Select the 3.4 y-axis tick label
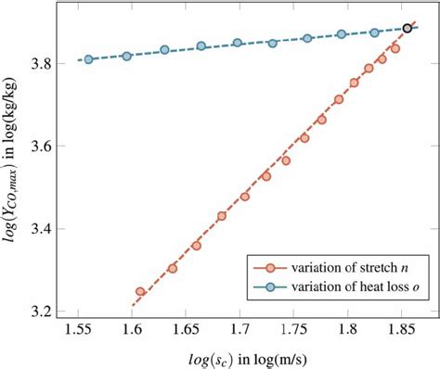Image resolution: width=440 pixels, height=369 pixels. (52, 228)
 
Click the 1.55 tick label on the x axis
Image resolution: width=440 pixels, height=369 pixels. (78, 329)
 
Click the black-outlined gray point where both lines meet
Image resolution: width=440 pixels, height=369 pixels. (408, 29)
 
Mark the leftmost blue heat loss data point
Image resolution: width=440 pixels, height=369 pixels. (89, 59)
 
